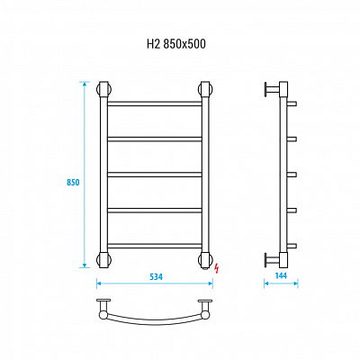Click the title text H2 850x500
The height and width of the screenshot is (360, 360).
(x=176, y=44)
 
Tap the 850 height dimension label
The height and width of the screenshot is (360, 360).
(x=73, y=182)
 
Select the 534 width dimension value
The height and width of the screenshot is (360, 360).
(x=156, y=276)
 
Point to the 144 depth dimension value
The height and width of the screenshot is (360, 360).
(x=281, y=275)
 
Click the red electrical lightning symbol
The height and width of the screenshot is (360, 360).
(x=217, y=269)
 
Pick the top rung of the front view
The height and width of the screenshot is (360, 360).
(x=155, y=103)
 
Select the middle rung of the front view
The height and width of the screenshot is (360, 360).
(x=155, y=175)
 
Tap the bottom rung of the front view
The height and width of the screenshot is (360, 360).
(x=155, y=246)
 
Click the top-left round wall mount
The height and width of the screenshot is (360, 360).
(x=103, y=89)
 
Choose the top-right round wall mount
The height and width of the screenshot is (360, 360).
(x=205, y=89)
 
